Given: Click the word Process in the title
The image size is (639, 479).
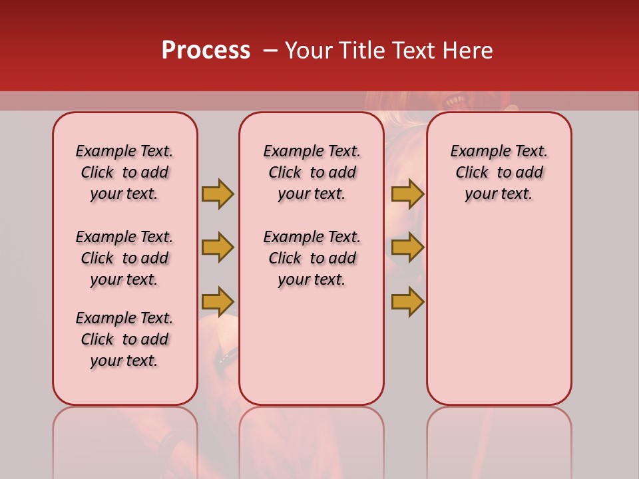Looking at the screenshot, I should pyautogui.click(x=206, y=51).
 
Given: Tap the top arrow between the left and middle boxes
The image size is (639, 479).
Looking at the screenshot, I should pyautogui.click(x=218, y=194).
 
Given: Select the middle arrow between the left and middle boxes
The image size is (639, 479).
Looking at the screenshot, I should pyautogui.click(x=218, y=247).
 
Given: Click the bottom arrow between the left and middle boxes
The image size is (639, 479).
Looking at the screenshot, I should pyautogui.click(x=218, y=301).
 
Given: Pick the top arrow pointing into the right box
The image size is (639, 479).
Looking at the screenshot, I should pyautogui.click(x=407, y=194).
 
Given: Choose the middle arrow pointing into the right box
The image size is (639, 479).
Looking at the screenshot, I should pyautogui.click(x=407, y=247).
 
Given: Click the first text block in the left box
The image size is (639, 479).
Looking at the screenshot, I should pyautogui.click(x=124, y=172).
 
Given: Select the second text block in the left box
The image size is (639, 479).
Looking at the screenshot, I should pyautogui.click(x=124, y=258).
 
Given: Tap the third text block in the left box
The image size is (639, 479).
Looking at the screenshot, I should pyautogui.click(x=124, y=339).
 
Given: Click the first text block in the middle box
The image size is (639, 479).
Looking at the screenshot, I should pyautogui.click(x=312, y=172).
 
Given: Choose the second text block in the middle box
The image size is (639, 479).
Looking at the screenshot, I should pyautogui.click(x=312, y=258).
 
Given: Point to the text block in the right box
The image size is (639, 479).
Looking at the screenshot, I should pyautogui.click(x=499, y=172).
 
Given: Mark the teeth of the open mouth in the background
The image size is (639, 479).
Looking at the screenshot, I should pyautogui.click(x=456, y=102).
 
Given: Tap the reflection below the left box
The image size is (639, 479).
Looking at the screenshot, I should pyautogui.click(x=125, y=439).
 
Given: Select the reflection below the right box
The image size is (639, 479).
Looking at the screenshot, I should pyautogui.click(x=499, y=439).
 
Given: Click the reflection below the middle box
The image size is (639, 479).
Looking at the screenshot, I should pyautogui.click(x=312, y=439).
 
